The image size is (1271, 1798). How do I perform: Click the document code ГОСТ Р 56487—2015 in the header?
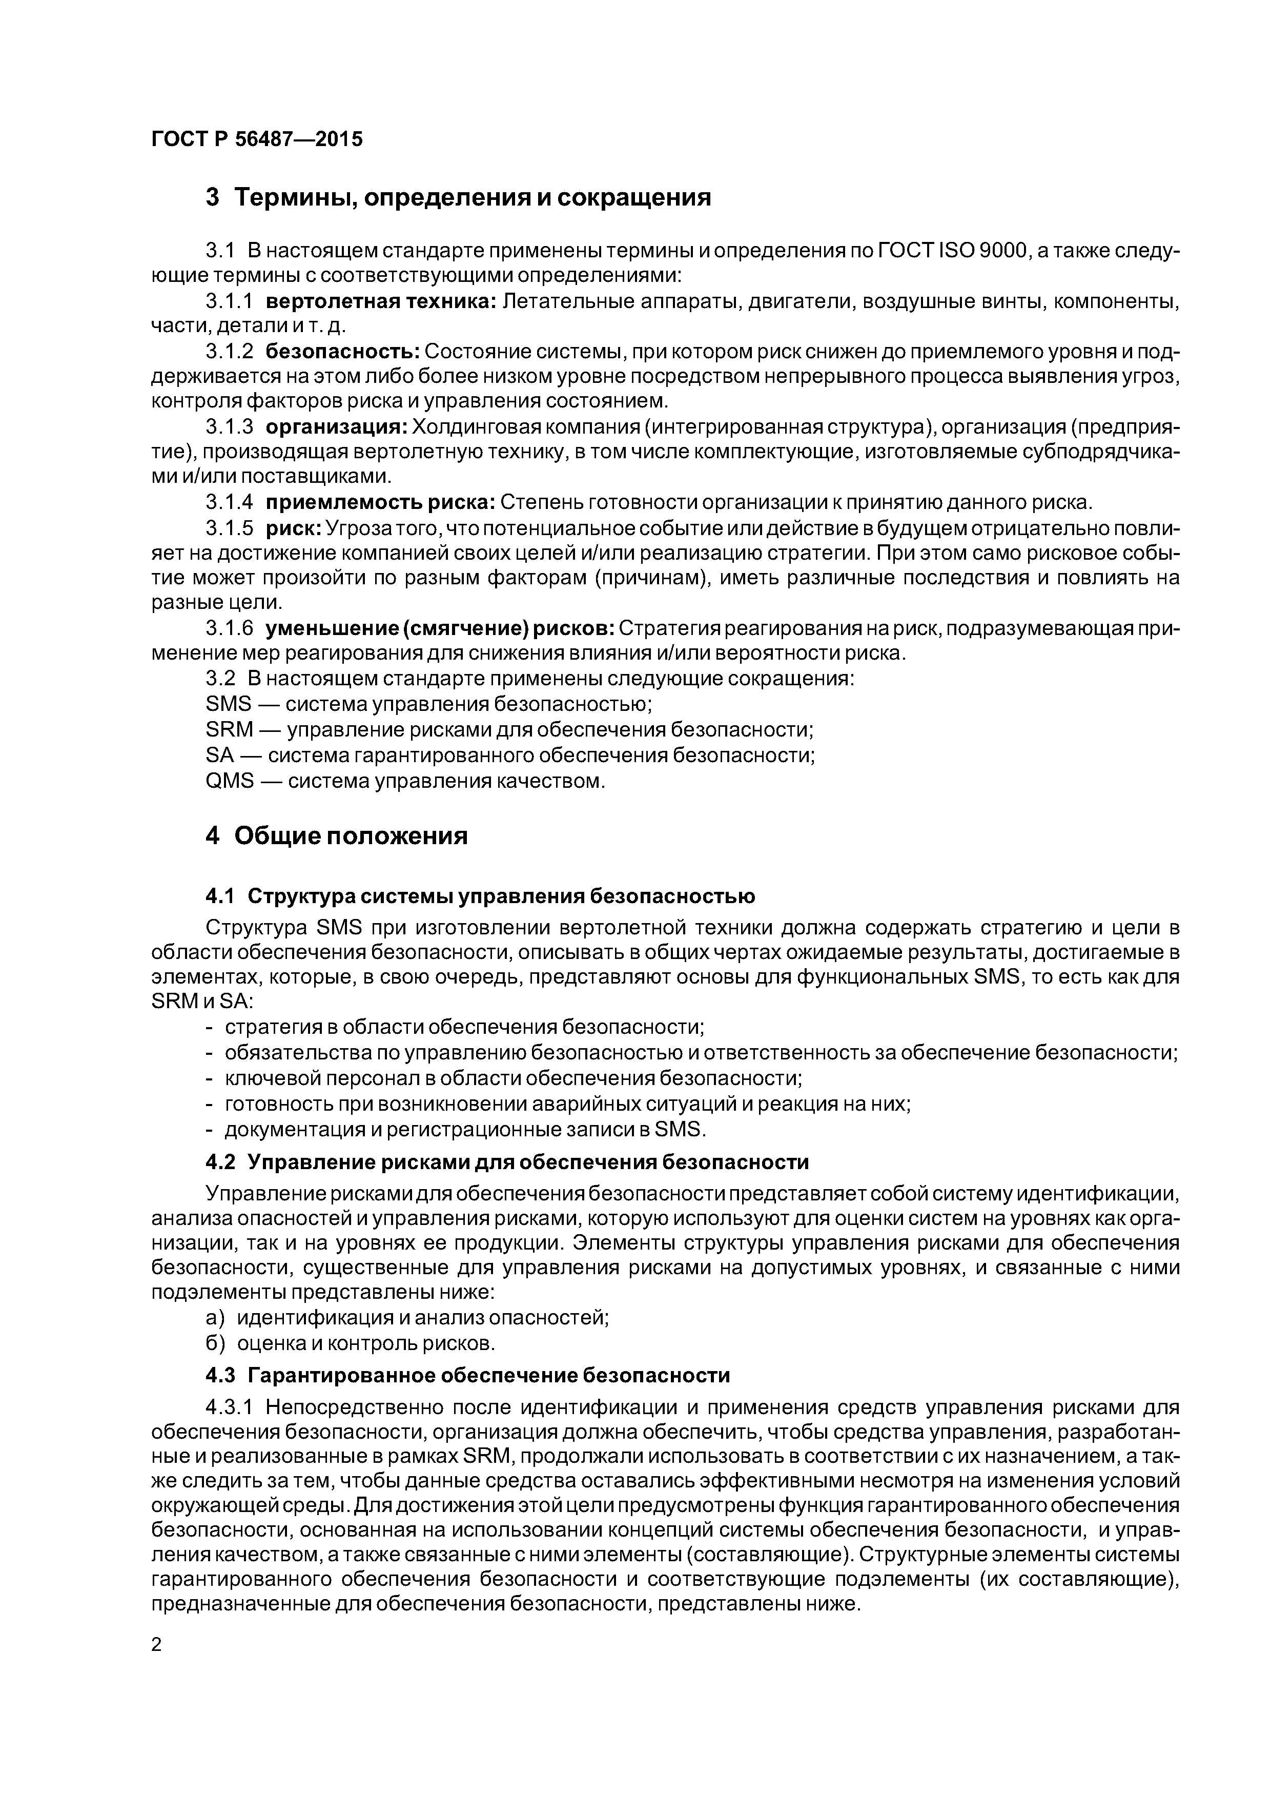(257, 139)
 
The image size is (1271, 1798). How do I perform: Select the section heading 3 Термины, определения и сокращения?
(458, 197)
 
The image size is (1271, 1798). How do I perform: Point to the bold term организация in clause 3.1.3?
(336, 427)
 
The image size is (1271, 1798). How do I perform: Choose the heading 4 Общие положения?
(337, 836)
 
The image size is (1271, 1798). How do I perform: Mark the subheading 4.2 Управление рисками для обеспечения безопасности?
(507, 1162)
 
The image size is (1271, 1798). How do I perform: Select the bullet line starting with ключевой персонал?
(513, 1078)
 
